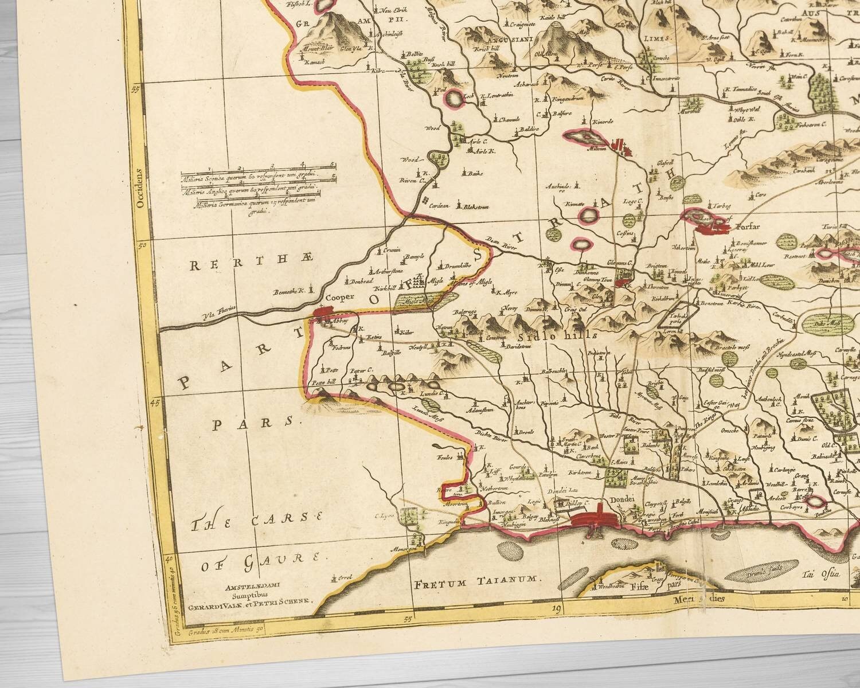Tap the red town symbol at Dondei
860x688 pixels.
(597, 518)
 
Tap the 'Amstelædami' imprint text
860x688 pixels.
(252, 587)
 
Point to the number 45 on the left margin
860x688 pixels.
(154, 402)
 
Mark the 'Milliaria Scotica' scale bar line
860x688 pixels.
(257, 171)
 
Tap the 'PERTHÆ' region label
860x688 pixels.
(252, 265)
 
